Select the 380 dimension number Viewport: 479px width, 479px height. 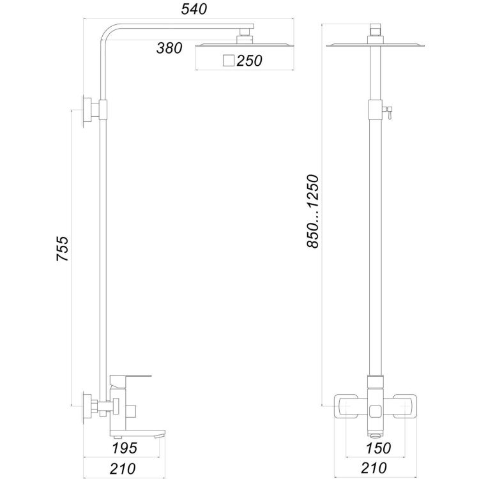click(169, 48)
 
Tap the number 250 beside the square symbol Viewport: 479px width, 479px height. click(250, 61)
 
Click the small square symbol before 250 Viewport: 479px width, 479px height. click(228, 61)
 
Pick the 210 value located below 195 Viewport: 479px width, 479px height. click(123, 468)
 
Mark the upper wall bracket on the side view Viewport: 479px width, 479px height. click(88, 112)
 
